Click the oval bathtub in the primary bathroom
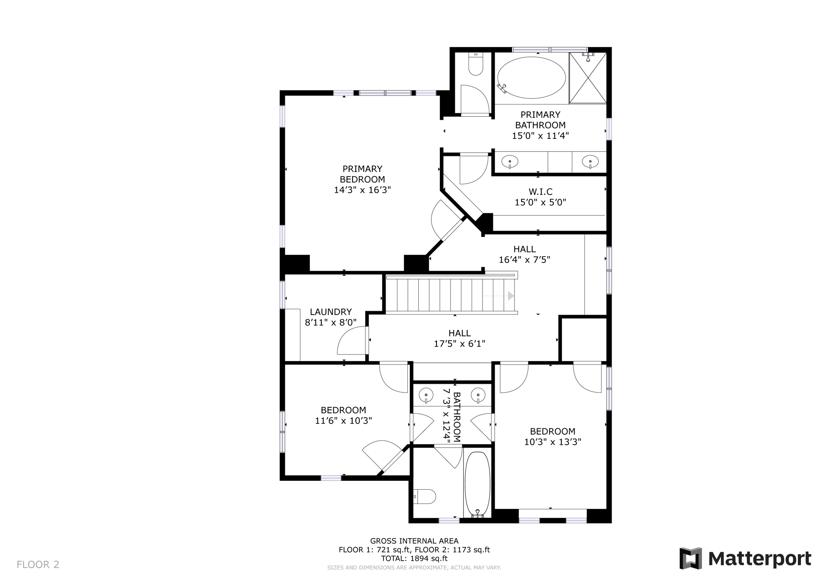[531, 77]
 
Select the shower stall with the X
[588, 78]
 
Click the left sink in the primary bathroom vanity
[510, 162]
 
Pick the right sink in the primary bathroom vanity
[590, 162]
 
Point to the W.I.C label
[540, 192]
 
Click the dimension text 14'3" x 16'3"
[362, 190]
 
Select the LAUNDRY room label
[331, 312]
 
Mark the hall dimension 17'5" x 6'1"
[459, 344]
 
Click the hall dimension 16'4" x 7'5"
[524, 260]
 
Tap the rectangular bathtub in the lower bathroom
[477, 484]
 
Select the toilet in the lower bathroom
[425, 496]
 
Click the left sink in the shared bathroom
[426, 395]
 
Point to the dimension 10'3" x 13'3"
[552, 442]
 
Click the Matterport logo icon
[690, 558]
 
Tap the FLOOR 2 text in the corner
[38, 565]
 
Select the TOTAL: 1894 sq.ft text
[414, 559]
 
